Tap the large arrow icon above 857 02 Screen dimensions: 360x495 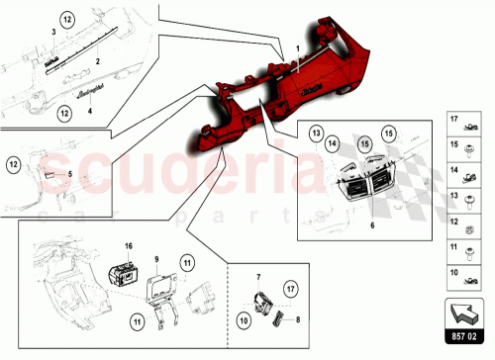tap(464, 314)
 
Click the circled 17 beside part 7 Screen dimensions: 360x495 tap(290, 289)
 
